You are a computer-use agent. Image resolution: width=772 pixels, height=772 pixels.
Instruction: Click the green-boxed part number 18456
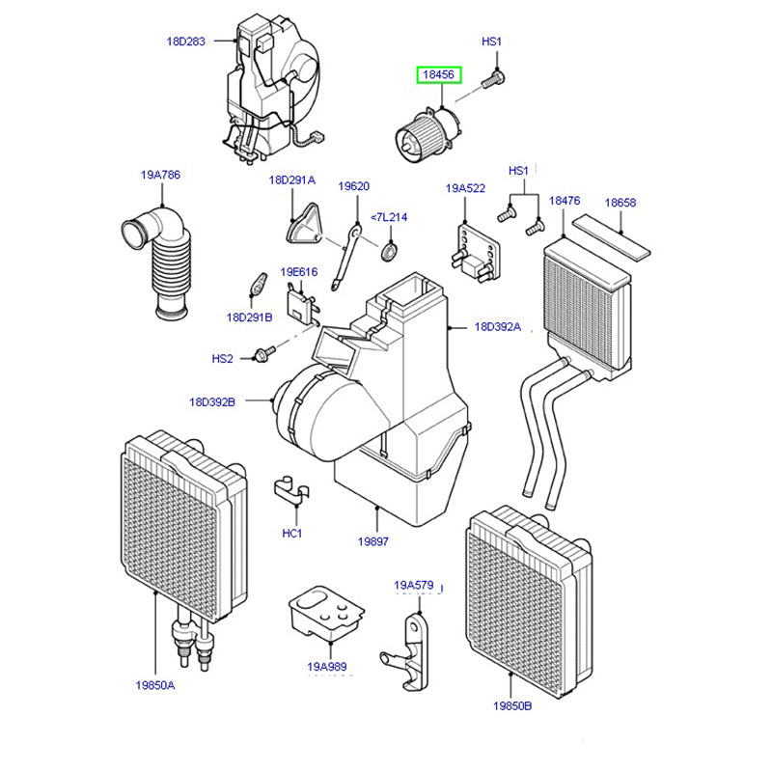click(439, 74)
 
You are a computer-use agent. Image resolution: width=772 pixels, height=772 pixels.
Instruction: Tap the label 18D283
click(185, 41)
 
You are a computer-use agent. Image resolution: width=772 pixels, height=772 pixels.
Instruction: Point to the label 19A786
click(160, 175)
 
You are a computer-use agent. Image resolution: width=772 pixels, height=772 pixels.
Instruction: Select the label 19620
click(353, 186)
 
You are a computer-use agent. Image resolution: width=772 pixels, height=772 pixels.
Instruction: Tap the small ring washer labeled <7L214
click(389, 253)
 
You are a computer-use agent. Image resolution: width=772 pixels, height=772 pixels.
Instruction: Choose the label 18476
click(565, 200)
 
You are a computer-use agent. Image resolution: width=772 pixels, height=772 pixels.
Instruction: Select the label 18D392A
click(497, 327)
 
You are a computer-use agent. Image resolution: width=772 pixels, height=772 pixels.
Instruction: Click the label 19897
click(372, 542)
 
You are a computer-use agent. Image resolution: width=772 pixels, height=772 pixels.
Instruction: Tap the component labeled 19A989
click(326, 613)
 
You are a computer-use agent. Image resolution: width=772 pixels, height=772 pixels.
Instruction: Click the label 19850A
click(155, 686)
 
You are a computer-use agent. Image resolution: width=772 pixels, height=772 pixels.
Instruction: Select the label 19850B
click(511, 705)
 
